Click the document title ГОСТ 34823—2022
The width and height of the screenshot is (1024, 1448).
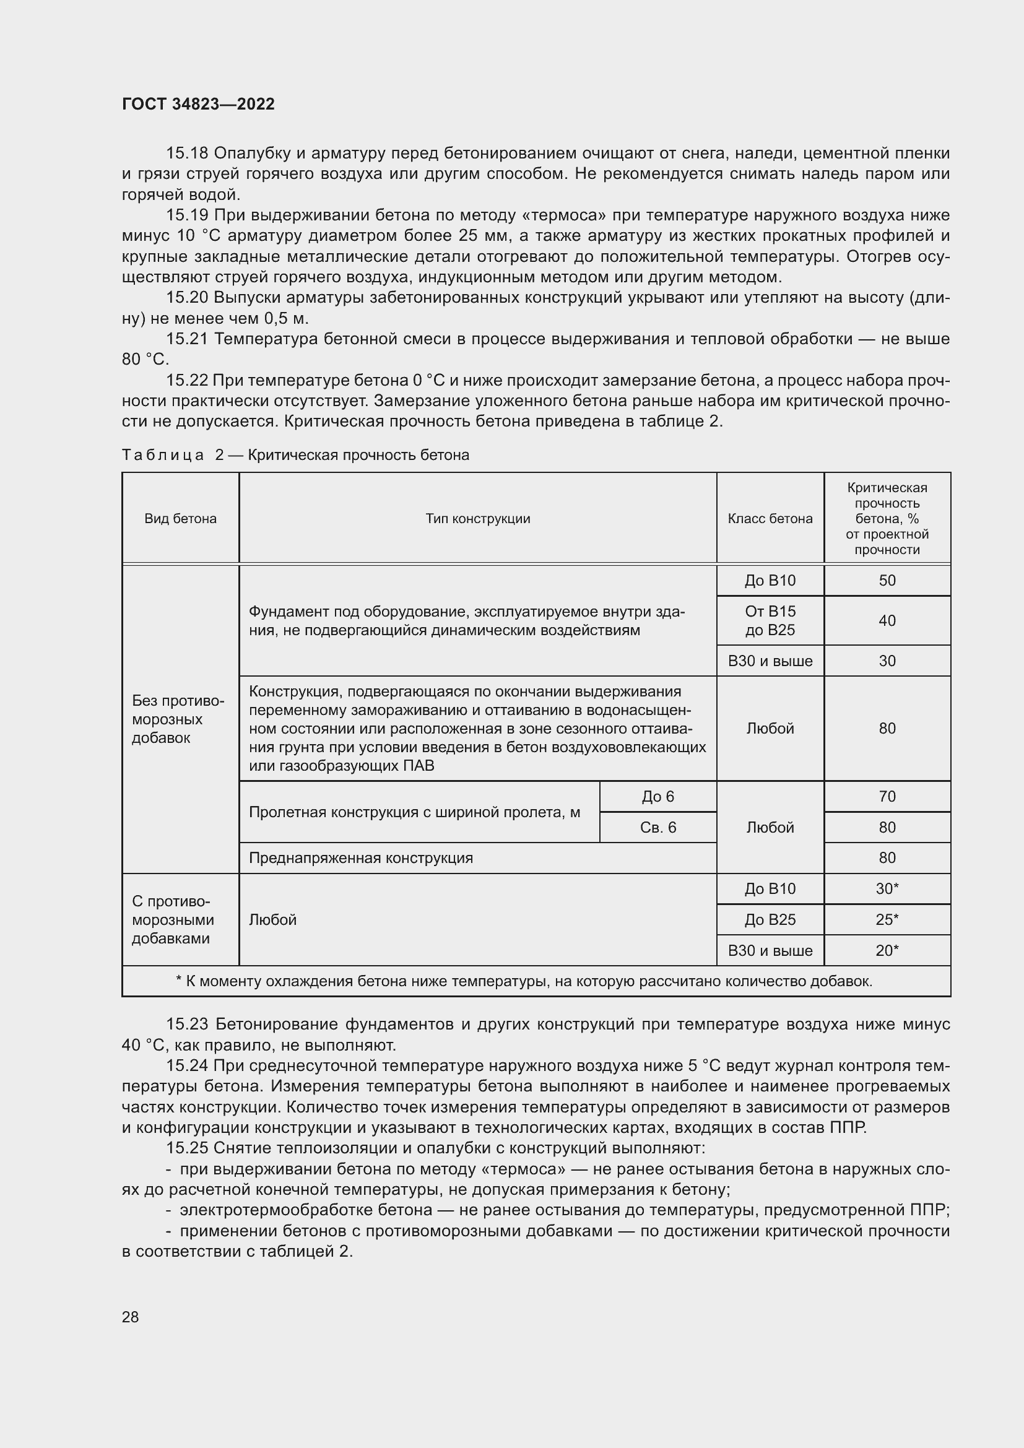pyautogui.click(x=198, y=104)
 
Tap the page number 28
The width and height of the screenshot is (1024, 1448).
pyautogui.click(x=131, y=1317)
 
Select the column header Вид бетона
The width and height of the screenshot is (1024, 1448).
pyautogui.click(x=180, y=518)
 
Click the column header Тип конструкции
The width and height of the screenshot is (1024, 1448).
pyautogui.click(x=477, y=518)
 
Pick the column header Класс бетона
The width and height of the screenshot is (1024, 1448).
pyautogui.click(x=770, y=518)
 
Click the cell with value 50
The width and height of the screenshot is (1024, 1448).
pyautogui.click(x=887, y=580)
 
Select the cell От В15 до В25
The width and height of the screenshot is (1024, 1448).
pyautogui.click(x=770, y=620)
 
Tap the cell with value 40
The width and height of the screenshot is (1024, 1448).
pyautogui.click(x=887, y=620)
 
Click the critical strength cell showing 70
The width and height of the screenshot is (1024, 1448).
pyautogui.click(x=887, y=797)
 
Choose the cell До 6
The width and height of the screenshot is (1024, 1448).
pyautogui.click(x=657, y=797)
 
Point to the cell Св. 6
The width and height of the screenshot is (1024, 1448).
pyautogui.click(x=657, y=828)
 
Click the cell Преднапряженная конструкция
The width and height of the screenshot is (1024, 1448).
pyautogui.click(x=361, y=857)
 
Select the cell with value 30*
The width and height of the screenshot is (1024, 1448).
pyautogui.click(x=887, y=888)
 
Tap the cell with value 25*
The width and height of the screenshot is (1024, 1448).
pyautogui.click(x=887, y=919)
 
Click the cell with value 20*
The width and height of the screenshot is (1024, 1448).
pyautogui.click(x=887, y=950)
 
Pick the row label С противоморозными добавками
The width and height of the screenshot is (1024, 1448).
pyautogui.click(x=173, y=919)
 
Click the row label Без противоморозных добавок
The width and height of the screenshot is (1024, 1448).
pyautogui.click(x=178, y=719)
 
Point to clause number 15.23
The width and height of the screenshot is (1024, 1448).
pyautogui.click(x=186, y=1023)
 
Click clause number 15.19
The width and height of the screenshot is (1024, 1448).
pyautogui.click(x=186, y=215)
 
